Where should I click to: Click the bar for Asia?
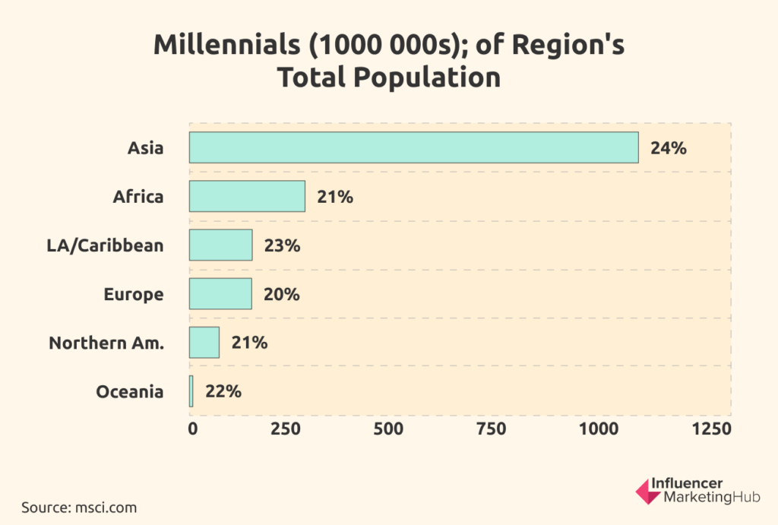tap(413, 147)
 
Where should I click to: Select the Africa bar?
tap(247, 196)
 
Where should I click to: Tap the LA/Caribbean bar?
tap(220, 245)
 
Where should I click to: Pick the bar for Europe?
tap(220, 293)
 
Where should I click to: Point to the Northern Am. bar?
tap(204, 342)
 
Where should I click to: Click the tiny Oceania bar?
tap(191, 391)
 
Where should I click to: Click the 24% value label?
tap(669, 148)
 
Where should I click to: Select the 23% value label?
tap(282, 245)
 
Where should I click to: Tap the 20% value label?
tap(281, 294)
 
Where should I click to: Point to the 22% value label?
tap(223, 391)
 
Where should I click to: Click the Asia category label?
tap(145, 148)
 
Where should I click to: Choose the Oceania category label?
tap(130, 391)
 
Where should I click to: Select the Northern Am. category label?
tap(106, 343)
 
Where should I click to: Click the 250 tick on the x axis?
tap(286, 429)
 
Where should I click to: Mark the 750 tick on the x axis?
tap(490, 429)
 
